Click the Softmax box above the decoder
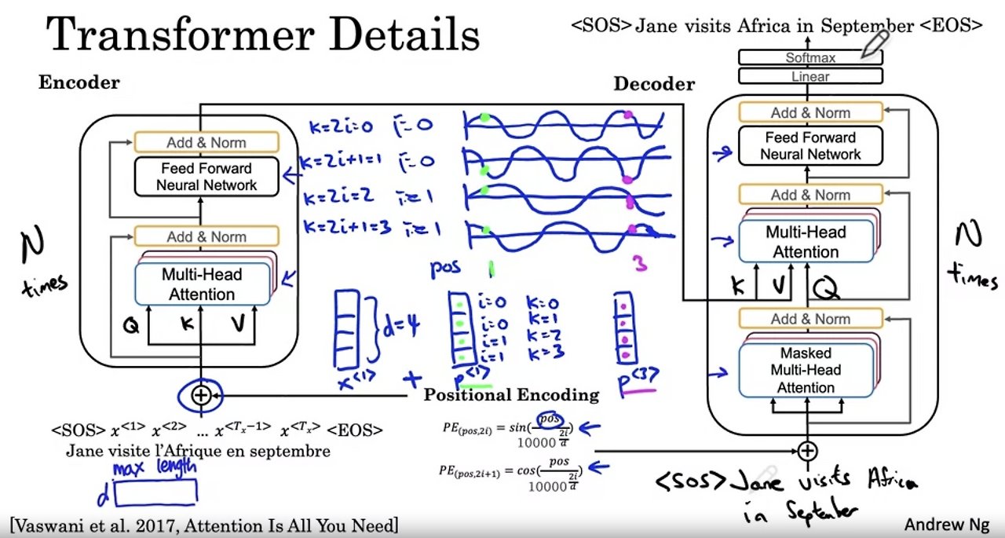810,58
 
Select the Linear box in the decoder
810,77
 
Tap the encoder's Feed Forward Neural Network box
206,177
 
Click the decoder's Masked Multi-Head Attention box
806,370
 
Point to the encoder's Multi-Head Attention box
203,284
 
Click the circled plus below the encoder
201,395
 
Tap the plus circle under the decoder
807,451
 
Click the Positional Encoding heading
511,395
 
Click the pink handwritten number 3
640,263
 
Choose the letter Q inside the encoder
131,324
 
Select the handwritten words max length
154,469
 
